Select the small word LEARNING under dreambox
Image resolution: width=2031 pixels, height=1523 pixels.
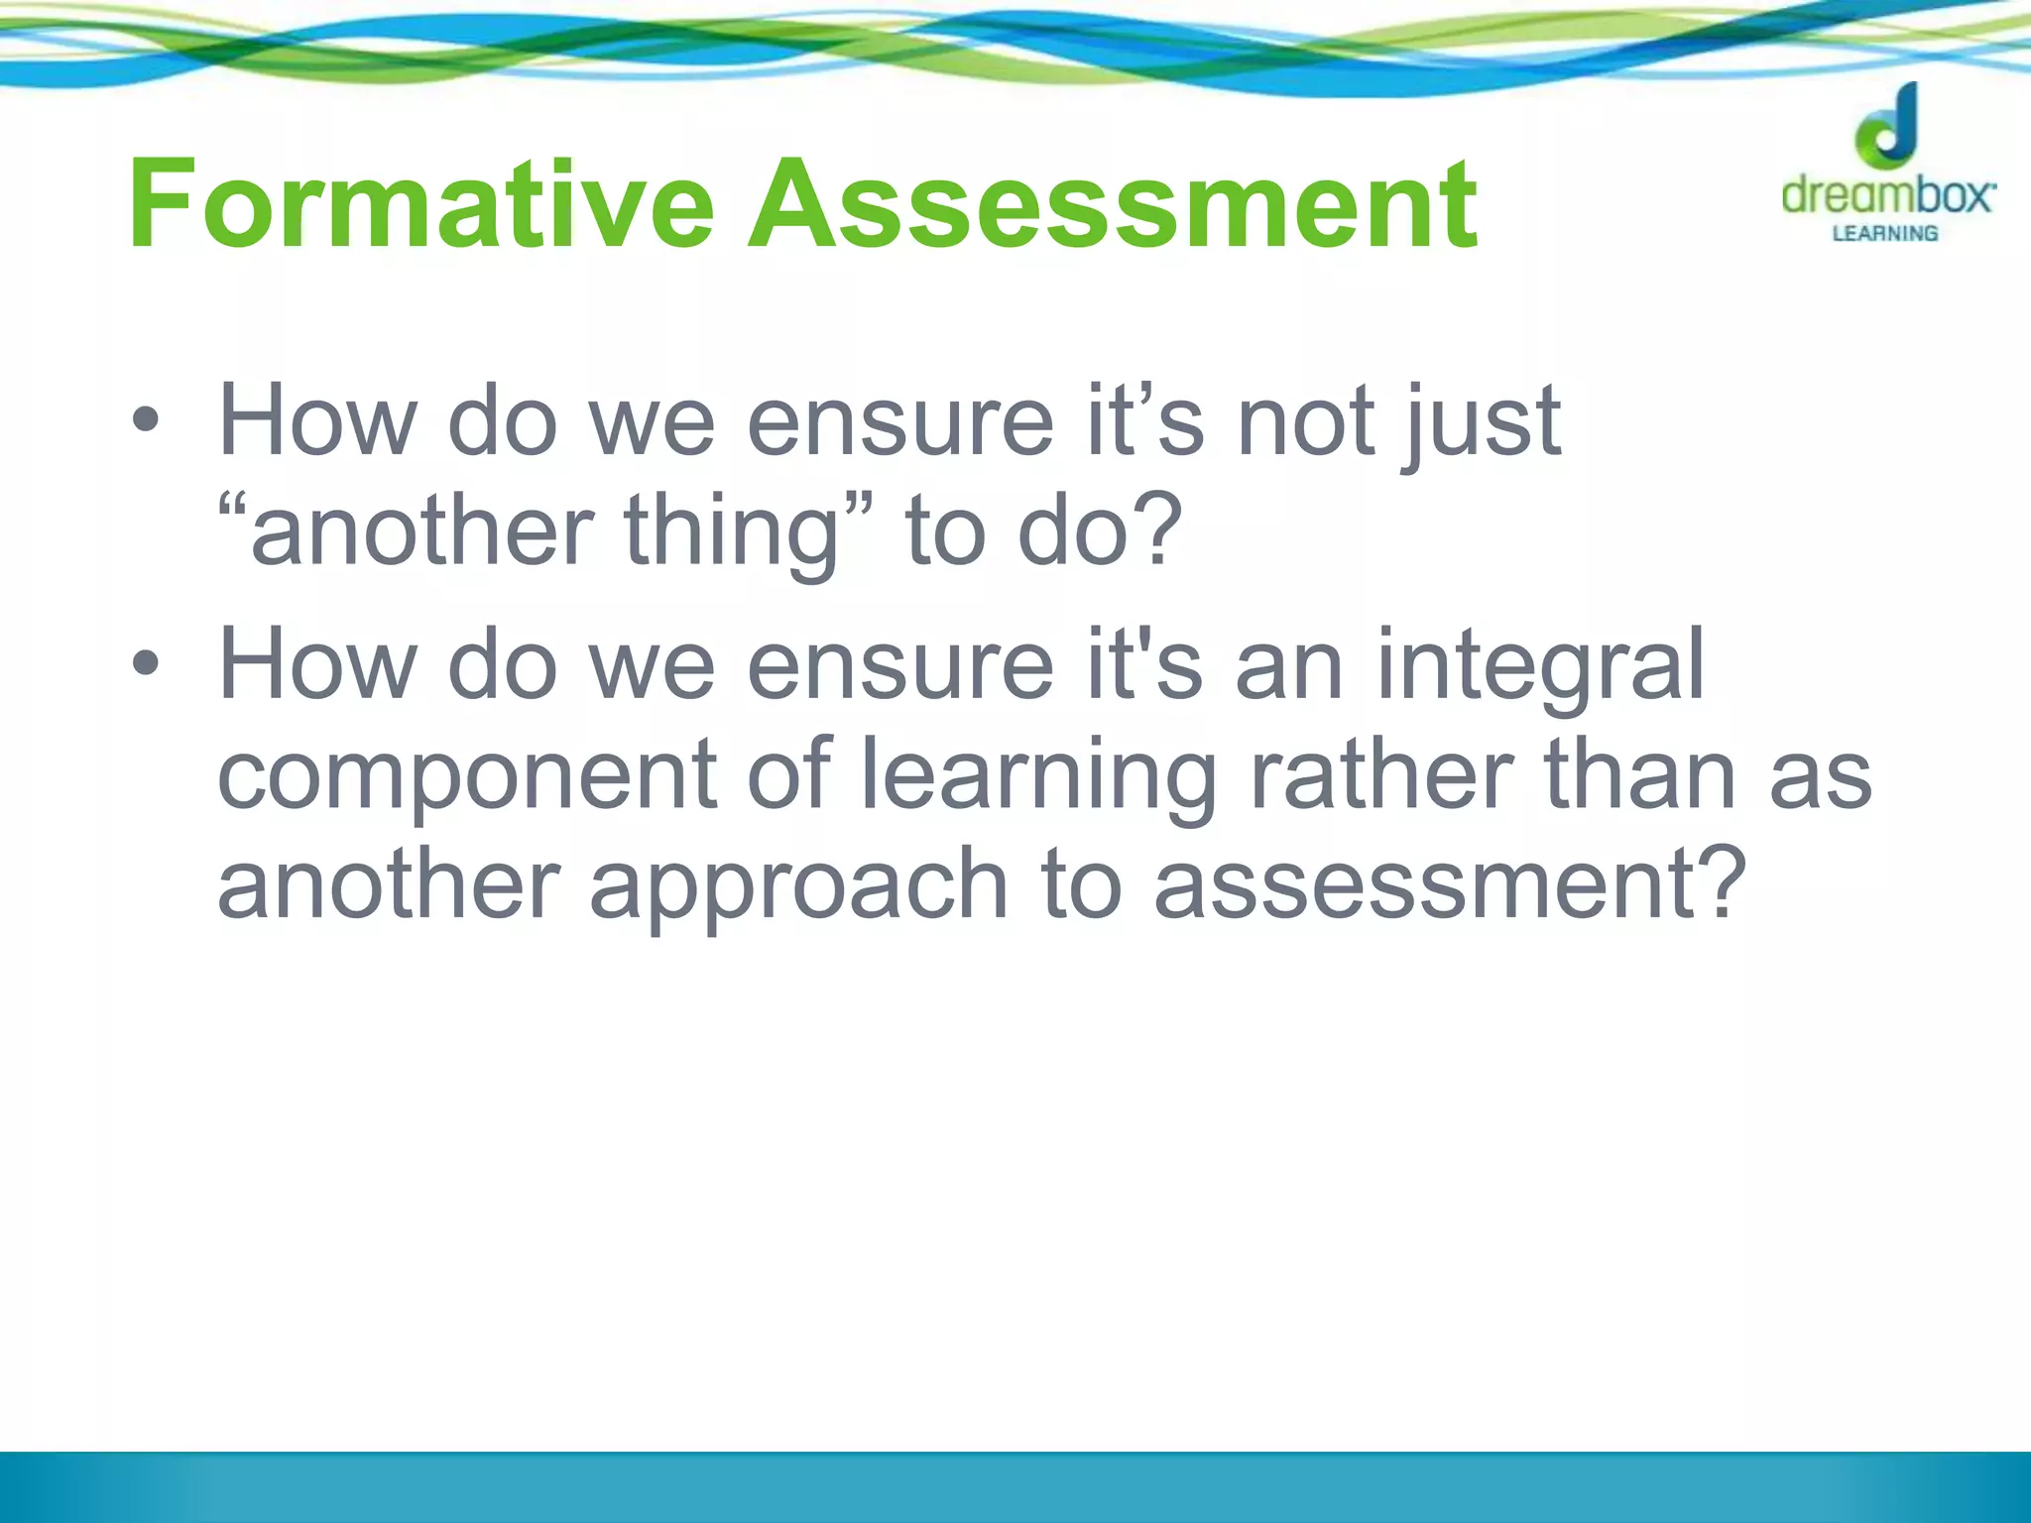click(1884, 234)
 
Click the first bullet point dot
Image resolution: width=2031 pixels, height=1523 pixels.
click(145, 420)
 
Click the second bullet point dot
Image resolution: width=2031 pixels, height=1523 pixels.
click(145, 663)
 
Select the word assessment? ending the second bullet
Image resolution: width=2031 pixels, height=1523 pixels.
click(1449, 883)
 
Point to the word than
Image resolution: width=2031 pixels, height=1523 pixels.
click(1640, 773)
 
